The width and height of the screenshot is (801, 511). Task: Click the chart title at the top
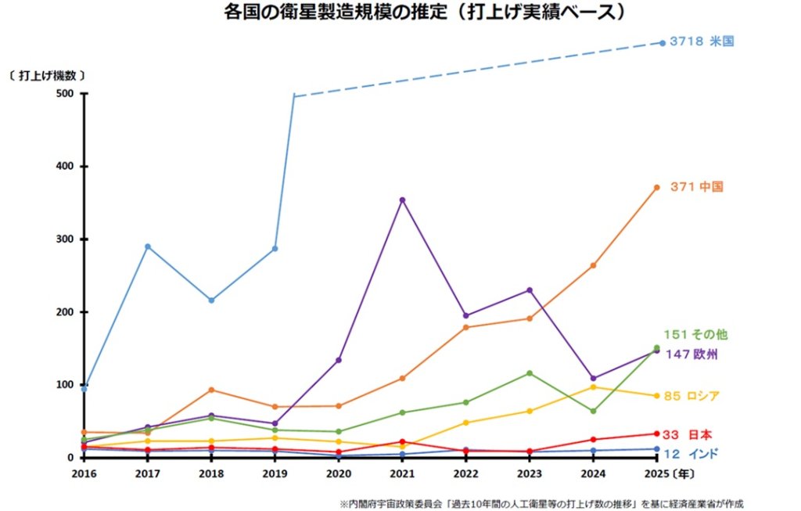click(425, 12)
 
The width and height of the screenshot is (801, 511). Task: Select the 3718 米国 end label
click(702, 41)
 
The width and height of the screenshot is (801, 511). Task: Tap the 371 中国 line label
click(697, 187)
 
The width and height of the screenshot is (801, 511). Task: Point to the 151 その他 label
click(695, 335)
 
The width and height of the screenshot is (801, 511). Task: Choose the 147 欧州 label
click(691, 354)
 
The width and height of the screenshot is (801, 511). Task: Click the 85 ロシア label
click(691, 396)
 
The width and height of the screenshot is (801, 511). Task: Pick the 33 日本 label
click(687, 435)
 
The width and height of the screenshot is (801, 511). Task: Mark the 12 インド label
click(691, 454)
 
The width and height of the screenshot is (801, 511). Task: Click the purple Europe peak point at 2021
click(402, 200)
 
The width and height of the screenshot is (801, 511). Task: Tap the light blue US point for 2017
click(148, 247)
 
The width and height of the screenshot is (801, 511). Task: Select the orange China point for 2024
click(593, 266)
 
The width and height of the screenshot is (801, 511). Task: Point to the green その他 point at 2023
click(530, 373)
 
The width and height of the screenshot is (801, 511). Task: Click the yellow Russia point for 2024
click(593, 387)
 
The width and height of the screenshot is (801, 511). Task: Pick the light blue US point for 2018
click(211, 300)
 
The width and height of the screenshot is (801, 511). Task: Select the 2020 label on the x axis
click(339, 474)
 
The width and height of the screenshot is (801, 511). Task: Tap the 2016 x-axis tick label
click(84, 474)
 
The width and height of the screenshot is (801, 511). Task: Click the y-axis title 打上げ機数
click(47, 76)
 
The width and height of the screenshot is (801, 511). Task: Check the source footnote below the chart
click(541, 505)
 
